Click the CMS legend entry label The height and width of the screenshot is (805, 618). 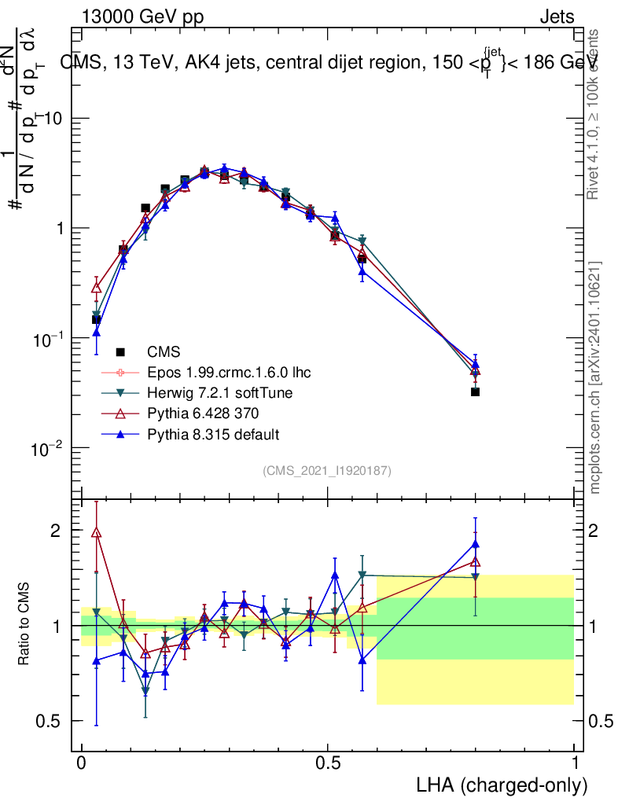(164, 351)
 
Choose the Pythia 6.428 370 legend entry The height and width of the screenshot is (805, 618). (200, 414)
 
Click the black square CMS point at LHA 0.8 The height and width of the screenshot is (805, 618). (475, 391)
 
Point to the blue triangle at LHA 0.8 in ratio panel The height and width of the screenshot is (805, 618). (475, 544)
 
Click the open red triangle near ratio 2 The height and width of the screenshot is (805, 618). (97, 532)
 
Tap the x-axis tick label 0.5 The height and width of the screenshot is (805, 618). (328, 763)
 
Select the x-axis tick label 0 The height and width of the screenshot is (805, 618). (82, 763)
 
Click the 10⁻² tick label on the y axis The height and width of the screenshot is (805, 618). (49, 449)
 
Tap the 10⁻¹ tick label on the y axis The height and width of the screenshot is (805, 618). (49, 339)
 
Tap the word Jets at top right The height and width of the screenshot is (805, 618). (556, 17)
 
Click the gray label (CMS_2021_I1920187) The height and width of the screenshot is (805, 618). (327, 470)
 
